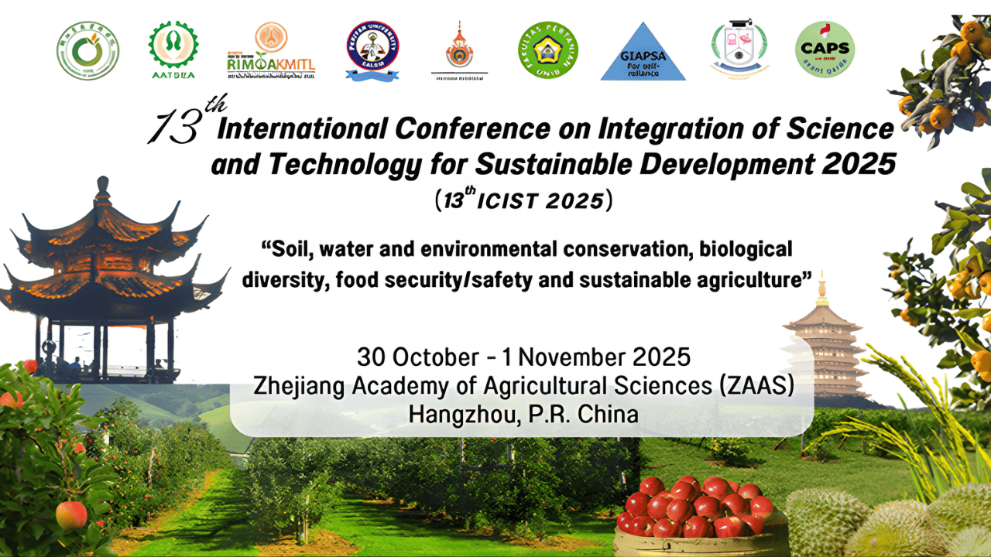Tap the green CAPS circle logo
[825, 50]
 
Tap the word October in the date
[435, 357]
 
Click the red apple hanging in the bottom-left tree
[72, 514]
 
